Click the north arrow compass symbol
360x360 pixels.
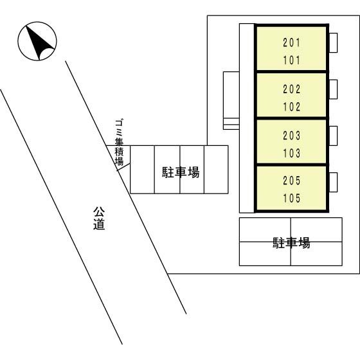(37, 41)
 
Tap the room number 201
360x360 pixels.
(292, 42)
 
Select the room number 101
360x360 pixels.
(292, 60)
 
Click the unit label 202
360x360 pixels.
(292, 89)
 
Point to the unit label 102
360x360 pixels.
(292, 107)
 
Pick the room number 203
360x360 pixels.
(292, 136)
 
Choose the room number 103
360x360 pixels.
(292, 153)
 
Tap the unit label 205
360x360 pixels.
(292, 181)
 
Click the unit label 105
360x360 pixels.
(292, 198)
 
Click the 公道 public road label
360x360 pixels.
(99, 218)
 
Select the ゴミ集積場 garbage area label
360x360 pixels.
(119, 142)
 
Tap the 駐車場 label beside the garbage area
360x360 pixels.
(181, 172)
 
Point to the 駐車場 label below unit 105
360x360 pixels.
(291, 243)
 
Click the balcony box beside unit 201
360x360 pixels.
(334, 42)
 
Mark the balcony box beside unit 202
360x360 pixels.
(334, 89)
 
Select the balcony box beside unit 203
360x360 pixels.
(334, 136)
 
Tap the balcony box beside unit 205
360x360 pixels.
(334, 182)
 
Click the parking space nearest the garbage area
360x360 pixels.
(142, 170)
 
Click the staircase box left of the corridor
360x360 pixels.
(231, 100)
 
